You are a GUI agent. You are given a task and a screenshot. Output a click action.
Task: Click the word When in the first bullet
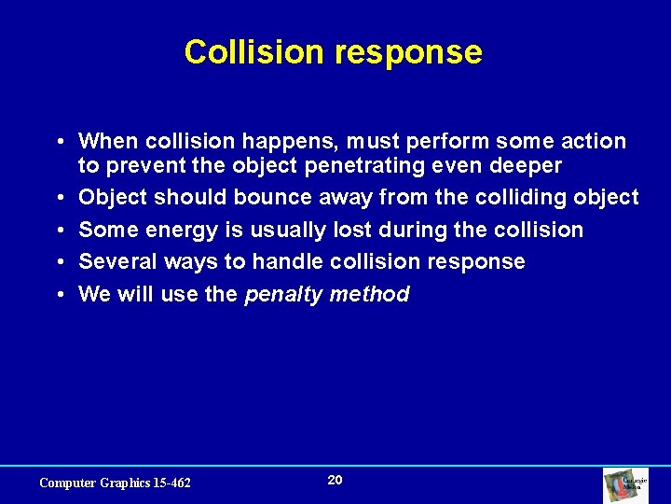[x=107, y=142]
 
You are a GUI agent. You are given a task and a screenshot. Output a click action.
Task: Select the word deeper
[x=520, y=166]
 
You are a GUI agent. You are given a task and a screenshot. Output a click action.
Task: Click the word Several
[x=116, y=262]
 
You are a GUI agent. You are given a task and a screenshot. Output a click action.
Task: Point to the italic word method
[x=371, y=295]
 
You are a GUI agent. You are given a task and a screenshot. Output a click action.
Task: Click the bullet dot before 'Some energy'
[x=59, y=231]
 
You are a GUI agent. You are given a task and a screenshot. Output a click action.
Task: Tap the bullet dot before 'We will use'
[x=59, y=295]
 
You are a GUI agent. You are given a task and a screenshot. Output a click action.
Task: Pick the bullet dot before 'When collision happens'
[x=59, y=142]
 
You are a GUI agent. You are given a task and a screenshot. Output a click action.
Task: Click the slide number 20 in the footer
[x=335, y=480]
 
